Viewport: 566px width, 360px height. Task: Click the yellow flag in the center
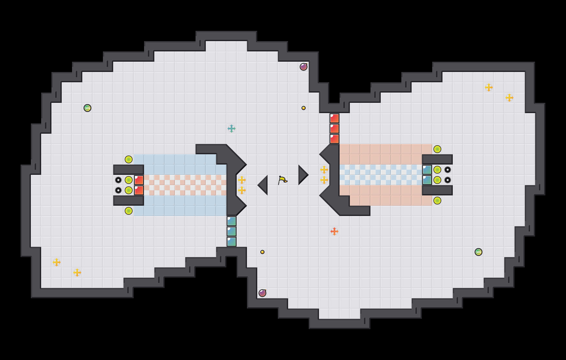[x=282, y=180]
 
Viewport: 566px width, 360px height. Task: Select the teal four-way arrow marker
[x=232, y=129]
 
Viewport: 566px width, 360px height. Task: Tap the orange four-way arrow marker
[x=334, y=231]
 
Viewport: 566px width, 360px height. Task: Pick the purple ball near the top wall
[x=304, y=67]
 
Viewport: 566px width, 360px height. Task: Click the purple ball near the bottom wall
[x=262, y=293]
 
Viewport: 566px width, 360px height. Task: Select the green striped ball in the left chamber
[x=87, y=108]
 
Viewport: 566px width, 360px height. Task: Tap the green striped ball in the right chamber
[x=479, y=252]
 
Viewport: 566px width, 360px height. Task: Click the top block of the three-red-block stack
[x=334, y=118]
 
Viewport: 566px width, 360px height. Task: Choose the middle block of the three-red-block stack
[x=334, y=129]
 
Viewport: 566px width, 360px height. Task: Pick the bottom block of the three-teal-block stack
[x=232, y=242]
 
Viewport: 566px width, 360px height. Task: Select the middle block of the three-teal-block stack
[x=232, y=231]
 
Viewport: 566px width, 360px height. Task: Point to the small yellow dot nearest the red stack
[x=304, y=108]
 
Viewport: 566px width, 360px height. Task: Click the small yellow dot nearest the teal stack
[x=262, y=252]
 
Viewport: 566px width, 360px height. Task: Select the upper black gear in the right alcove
[x=448, y=170]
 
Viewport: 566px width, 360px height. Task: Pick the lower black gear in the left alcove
[x=118, y=190]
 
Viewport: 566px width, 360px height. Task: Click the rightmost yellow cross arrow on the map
[x=509, y=98]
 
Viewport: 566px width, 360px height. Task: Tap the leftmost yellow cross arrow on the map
[x=57, y=262]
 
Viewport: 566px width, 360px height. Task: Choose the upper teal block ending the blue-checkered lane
[x=427, y=170]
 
